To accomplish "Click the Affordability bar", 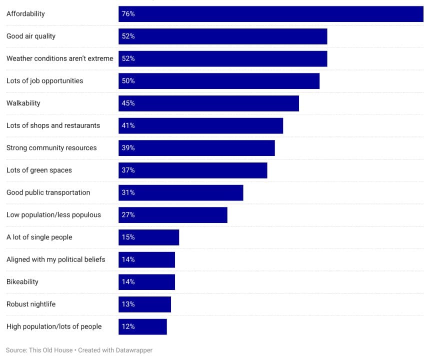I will pyautogui.click(x=270, y=14).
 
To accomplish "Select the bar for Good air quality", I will pyautogui.click(x=222, y=36).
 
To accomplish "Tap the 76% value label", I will pyautogui.click(x=128, y=14).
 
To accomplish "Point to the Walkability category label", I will pyautogui.click(x=23, y=103).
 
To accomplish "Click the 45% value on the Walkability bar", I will pyautogui.click(x=128, y=103).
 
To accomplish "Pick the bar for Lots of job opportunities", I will pyautogui.click(x=218, y=81).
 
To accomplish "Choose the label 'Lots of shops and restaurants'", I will pyautogui.click(x=53, y=125).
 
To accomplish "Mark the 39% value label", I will pyautogui.click(x=128, y=148).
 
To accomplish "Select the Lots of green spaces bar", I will pyautogui.click(x=192, y=170).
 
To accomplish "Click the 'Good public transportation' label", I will pyautogui.click(x=48, y=192).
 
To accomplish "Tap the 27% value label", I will pyautogui.click(x=128, y=215).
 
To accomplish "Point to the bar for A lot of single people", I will pyautogui.click(x=148, y=237).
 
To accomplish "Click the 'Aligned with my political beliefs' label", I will pyautogui.click(x=55, y=259).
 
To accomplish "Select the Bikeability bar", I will pyautogui.click(x=146, y=282).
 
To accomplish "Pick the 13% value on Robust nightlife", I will pyautogui.click(x=128, y=304).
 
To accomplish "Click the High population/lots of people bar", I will pyautogui.click(x=142, y=326).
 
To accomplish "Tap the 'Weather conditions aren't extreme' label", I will pyautogui.click(x=59, y=58).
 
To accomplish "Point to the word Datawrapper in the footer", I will pyautogui.click(x=133, y=350).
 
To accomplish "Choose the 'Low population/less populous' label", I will pyautogui.click(x=53, y=215).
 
